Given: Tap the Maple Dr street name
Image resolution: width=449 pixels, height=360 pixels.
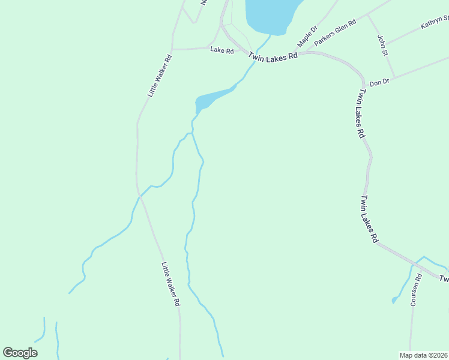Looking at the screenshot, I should point(307,37).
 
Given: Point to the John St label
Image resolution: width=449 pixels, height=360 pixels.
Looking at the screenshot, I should point(382,46).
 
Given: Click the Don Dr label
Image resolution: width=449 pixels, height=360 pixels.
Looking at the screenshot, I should point(379,82).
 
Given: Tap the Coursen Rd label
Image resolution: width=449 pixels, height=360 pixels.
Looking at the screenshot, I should point(415,289).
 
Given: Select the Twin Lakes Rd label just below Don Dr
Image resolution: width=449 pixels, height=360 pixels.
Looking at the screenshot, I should point(361,114).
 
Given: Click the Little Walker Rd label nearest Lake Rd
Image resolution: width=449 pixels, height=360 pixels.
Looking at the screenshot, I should point(160,76).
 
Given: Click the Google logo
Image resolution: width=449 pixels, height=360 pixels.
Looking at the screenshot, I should point(20,352).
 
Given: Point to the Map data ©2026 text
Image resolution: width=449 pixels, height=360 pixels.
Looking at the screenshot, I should point(423,355).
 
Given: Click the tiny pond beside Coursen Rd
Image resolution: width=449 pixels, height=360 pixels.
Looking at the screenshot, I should point(394,299).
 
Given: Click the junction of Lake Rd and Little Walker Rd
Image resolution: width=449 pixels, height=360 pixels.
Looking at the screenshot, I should point(172,49).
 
